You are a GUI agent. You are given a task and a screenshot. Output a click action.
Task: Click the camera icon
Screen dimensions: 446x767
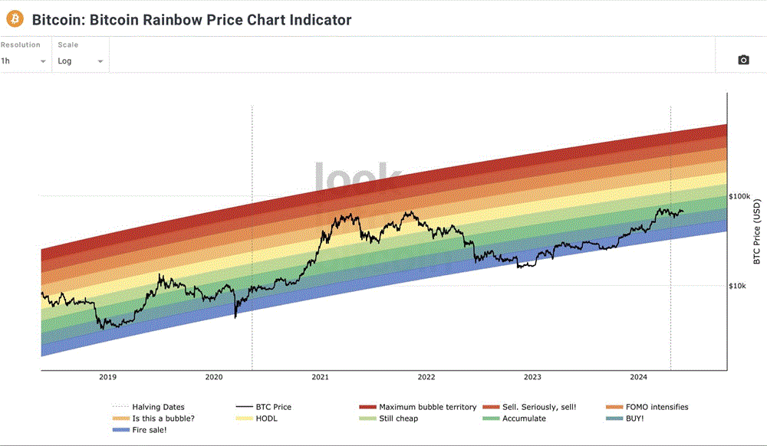(742, 60)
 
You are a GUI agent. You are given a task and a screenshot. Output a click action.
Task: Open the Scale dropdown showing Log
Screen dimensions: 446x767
(80, 61)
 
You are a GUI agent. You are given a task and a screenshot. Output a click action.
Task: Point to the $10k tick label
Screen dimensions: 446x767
(737, 287)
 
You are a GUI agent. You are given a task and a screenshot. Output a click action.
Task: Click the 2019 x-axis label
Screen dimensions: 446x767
(107, 377)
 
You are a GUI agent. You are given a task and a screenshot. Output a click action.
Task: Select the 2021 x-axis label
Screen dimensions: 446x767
(320, 377)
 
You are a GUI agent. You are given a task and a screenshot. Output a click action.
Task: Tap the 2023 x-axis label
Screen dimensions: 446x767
(532, 377)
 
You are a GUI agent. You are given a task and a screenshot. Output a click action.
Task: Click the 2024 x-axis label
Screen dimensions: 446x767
(638, 377)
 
